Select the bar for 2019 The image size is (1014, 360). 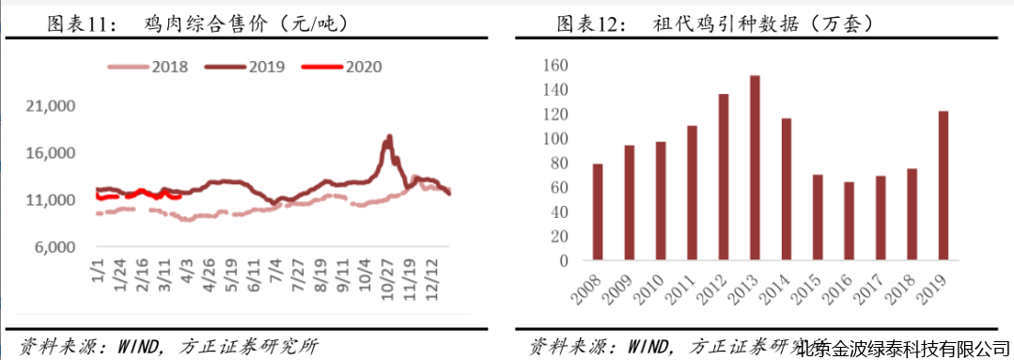pos(944,185)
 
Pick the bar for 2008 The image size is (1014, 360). pos(598,211)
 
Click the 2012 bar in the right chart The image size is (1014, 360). pos(724,177)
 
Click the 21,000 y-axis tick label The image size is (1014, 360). pos(54,107)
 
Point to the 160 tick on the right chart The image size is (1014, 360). pos(554,66)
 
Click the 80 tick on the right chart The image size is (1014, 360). pos(558,164)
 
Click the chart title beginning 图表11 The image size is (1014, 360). pos(197,23)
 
